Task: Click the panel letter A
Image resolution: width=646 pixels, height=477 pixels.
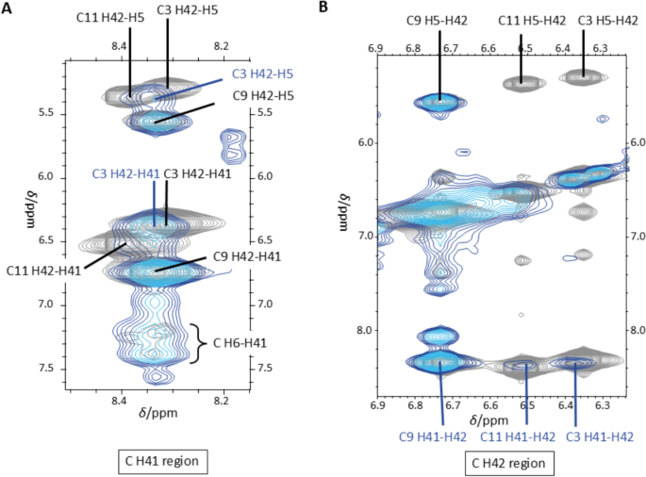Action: pos(9,8)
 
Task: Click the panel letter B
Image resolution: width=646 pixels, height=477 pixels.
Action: pos(324,8)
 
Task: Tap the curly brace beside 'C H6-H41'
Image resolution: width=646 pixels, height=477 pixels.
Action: pos(198,343)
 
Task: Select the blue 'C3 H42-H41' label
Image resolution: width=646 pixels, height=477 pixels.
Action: pos(125,173)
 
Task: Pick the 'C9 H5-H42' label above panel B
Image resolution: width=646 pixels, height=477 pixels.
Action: pos(439,20)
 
